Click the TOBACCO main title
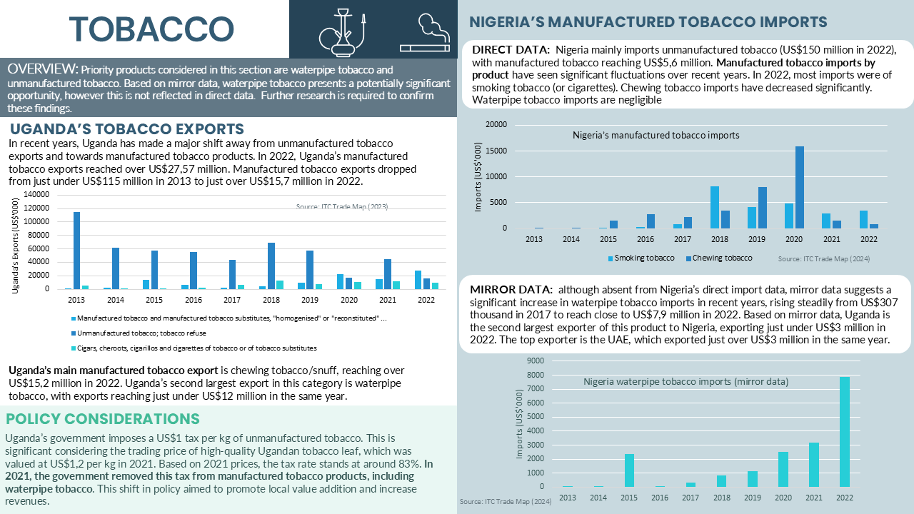(x=151, y=29)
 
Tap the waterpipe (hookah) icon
(x=342, y=32)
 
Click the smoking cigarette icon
(x=425, y=34)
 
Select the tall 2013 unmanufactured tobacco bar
(x=76, y=251)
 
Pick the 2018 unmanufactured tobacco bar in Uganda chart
(x=271, y=266)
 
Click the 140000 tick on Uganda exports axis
(x=36, y=194)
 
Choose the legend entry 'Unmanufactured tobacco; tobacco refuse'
(x=139, y=333)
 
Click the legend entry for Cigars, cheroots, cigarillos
(x=194, y=348)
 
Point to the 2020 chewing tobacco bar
(x=800, y=187)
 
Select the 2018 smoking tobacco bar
(x=715, y=207)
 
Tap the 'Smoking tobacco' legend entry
(x=641, y=258)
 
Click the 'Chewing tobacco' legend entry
(x=719, y=258)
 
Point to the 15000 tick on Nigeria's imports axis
(x=496, y=151)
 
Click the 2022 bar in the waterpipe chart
(x=845, y=432)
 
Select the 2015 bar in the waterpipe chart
(x=629, y=470)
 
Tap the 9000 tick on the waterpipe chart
(x=536, y=361)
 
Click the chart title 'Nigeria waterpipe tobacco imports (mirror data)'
(x=686, y=382)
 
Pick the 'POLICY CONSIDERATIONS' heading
(x=102, y=419)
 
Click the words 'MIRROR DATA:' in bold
(x=511, y=290)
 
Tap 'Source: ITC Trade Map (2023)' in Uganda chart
(x=342, y=206)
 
